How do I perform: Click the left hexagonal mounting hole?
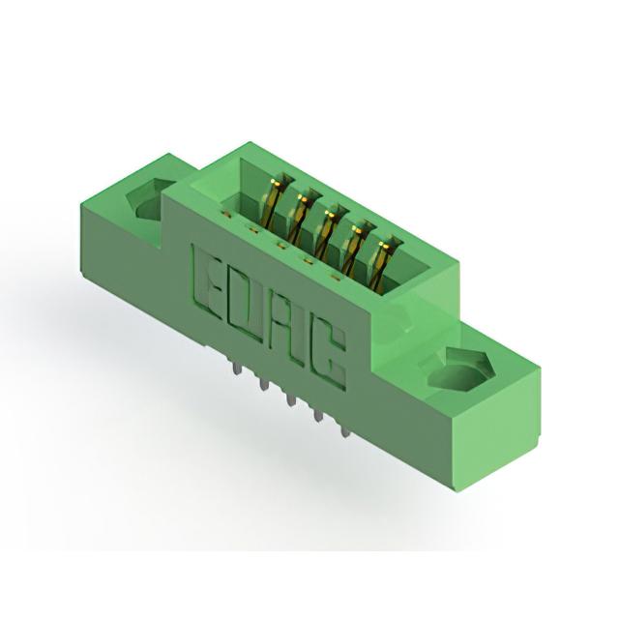pyautogui.click(x=150, y=199)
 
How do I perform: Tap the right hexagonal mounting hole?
pyautogui.click(x=457, y=369)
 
